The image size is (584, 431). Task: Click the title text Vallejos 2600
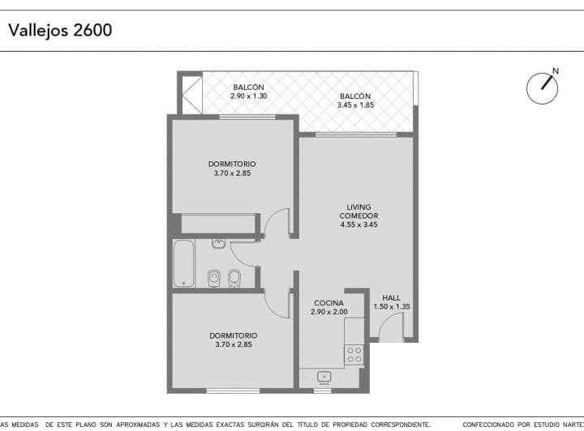60,30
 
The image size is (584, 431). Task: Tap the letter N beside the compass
556,71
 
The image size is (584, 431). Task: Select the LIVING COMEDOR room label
359,211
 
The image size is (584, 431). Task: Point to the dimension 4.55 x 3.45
359,224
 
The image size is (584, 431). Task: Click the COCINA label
328,303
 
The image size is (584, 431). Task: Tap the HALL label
391,297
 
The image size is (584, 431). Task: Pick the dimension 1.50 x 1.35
391,306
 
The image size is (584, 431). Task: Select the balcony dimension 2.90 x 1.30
248,96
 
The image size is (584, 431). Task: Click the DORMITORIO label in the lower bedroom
233,335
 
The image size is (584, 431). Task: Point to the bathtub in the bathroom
183,263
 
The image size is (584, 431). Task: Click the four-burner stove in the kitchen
354,353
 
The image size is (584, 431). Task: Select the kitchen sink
323,376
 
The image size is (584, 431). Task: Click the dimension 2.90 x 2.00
328,312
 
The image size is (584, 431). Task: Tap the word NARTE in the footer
570,424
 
